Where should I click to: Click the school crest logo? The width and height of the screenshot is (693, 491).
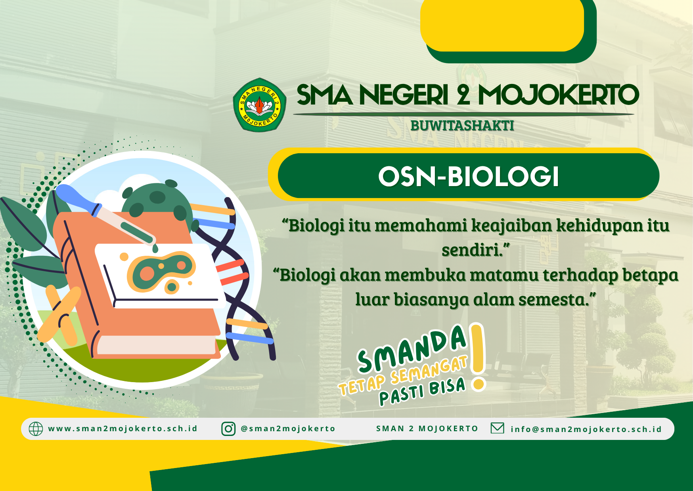pos(260,105)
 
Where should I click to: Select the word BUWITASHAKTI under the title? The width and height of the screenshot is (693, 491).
pos(462,126)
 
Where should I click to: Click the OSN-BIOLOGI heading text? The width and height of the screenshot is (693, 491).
pos(469,176)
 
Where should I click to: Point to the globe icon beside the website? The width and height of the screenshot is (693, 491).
pos(36,429)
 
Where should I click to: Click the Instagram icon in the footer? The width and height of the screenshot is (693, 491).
pos(228,429)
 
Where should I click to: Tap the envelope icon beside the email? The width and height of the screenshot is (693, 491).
pos(497,428)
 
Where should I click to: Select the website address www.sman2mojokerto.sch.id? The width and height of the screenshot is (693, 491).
pos(123,429)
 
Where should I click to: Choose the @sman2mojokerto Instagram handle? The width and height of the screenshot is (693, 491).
pos(288,429)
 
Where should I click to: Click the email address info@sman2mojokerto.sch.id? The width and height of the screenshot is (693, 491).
pos(586,429)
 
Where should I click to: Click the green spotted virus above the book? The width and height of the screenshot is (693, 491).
pos(157,200)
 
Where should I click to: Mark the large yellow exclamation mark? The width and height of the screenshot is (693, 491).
pos(478,356)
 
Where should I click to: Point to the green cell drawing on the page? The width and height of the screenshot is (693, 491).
pos(161,271)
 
